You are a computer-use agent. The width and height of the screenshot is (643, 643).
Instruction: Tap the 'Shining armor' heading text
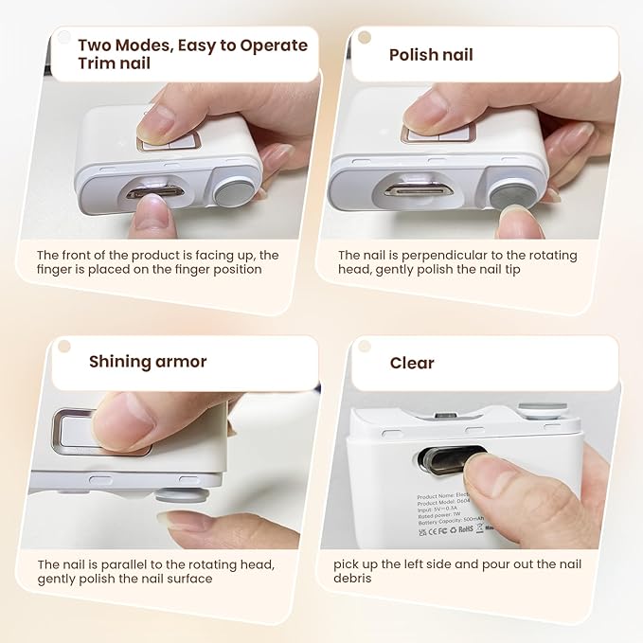pyautogui.click(x=147, y=361)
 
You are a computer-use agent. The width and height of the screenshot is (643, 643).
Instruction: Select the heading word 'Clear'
pyautogui.click(x=412, y=363)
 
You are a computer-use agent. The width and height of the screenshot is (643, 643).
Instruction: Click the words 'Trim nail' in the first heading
pyautogui.click(x=114, y=64)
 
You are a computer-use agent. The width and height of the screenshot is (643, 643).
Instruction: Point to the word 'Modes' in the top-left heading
pyautogui.click(x=143, y=45)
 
